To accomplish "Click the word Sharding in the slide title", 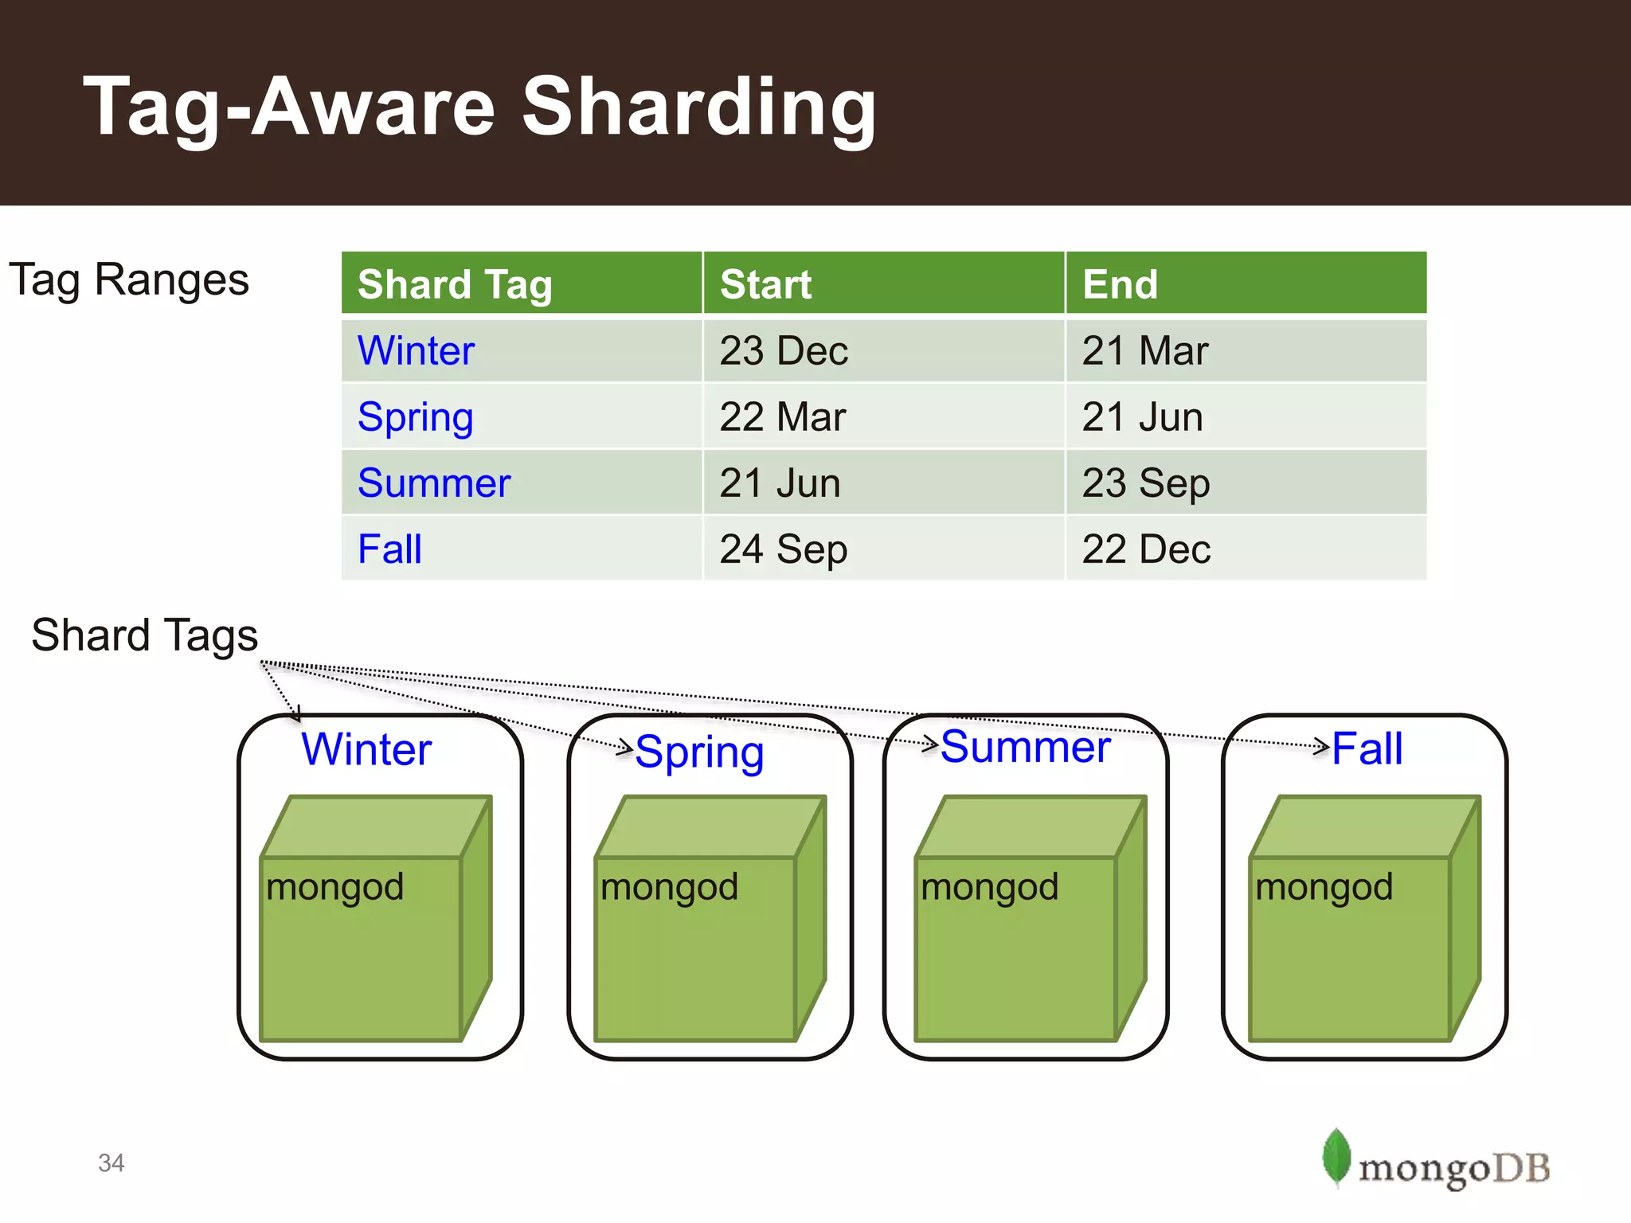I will (698, 107).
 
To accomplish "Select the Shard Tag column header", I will (455, 284).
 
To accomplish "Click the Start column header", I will (765, 284).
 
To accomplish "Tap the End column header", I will (1120, 284).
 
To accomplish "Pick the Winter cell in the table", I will (416, 350).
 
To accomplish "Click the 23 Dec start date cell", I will (784, 350).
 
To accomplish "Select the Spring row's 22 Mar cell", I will (782, 416).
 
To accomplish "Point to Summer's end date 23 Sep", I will (1145, 483).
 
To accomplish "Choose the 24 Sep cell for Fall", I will (784, 549).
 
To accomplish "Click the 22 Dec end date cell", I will (1146, 549).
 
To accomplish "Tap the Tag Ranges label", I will (129, 280).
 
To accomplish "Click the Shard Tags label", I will (144, 635).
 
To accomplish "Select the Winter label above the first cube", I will (366, 749).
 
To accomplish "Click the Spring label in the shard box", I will (699, 752).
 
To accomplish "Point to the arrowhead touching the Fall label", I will (1323, 746).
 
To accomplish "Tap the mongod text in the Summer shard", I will (989, 887).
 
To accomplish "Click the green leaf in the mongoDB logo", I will (1336, 1156).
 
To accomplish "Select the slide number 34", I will (111, 1163).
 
